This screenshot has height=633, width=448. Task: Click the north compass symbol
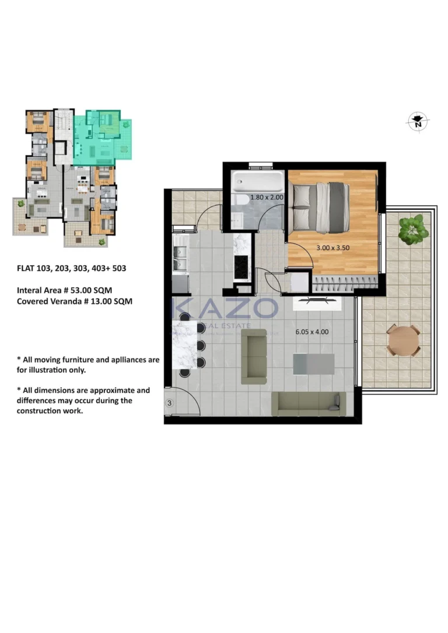point(417,122)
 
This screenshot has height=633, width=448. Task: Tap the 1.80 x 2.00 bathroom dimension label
point(267,198)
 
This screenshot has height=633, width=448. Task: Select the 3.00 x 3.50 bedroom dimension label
point(332,248)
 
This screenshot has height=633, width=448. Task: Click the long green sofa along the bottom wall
point(309,403)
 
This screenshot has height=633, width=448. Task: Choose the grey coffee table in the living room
point(314,364)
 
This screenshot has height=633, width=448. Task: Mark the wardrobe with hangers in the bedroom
point(344,284)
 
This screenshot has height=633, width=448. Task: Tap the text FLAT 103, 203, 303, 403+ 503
point(71,269)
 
